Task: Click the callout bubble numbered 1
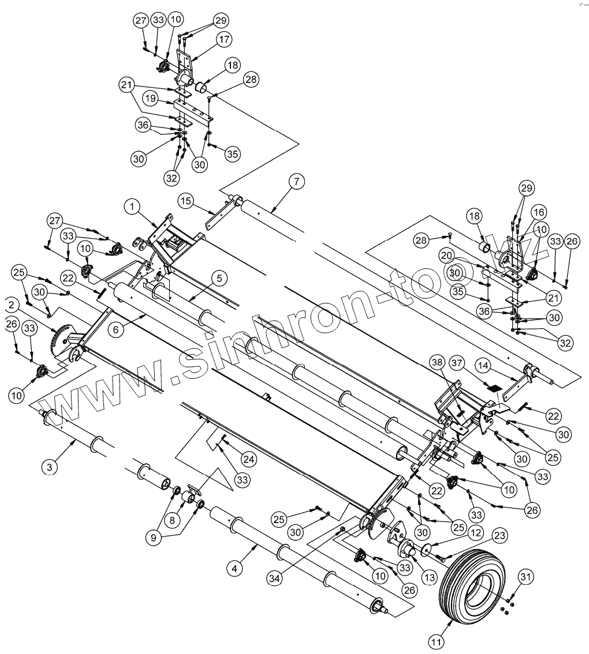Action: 132,205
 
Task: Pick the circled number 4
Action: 234,569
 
